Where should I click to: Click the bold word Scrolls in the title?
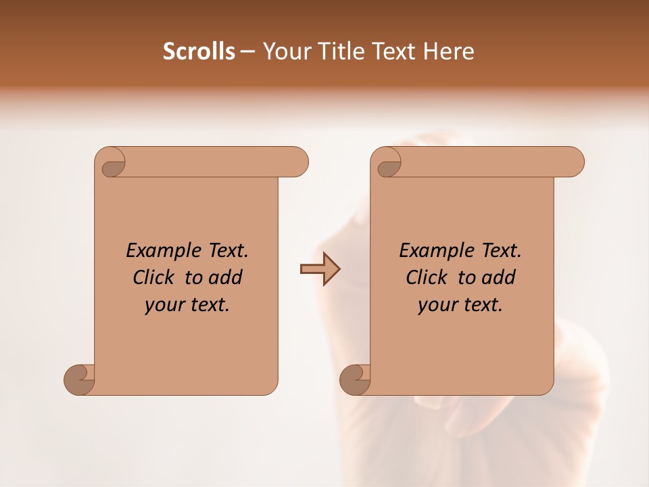(199, 51)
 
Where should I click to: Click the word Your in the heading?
(285, 51)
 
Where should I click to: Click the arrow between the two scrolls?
(320, 269)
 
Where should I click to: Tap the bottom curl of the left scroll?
(79, 379)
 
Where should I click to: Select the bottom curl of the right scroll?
(355, 379)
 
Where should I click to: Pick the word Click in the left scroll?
(155, 277)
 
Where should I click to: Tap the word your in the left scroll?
(164, 305)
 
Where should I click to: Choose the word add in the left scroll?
(226, 277)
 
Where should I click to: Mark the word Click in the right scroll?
(427, 277)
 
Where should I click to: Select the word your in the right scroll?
(437, 305)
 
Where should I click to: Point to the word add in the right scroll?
(499, 277)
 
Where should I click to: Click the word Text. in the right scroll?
(502, 250)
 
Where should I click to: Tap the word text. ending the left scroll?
(208, 305)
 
